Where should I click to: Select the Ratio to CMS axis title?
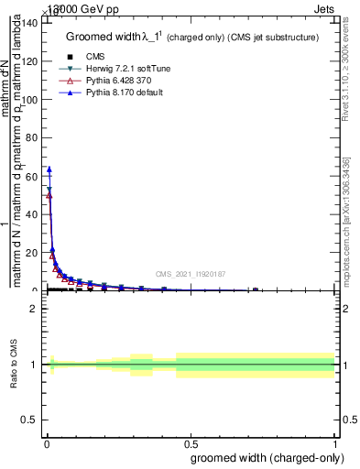tap(15, 365)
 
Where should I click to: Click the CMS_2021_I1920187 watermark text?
tap(190, 274)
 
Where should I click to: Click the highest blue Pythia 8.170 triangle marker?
tap(49, 169)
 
